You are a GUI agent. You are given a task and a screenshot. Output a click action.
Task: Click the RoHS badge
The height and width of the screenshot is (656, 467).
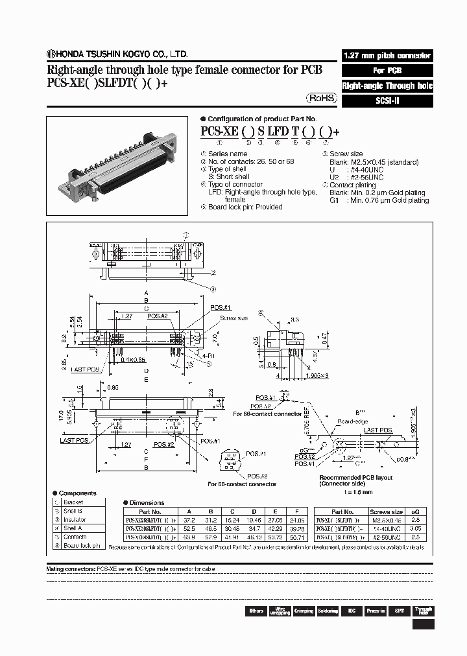tap(321, 98)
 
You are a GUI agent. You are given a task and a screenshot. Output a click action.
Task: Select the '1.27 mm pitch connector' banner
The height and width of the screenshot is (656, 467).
tap(387, 56)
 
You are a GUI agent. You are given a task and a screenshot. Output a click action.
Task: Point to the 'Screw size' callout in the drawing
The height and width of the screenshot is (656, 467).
tap(233, 318)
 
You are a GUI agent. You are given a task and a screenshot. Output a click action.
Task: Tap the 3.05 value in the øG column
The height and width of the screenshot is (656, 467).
tap(416, 528)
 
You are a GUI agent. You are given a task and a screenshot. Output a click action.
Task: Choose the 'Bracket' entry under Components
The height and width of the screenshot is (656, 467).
tap(73, 502)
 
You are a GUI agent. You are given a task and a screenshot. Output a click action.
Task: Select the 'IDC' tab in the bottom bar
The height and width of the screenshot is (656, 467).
tap(352, 611)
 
